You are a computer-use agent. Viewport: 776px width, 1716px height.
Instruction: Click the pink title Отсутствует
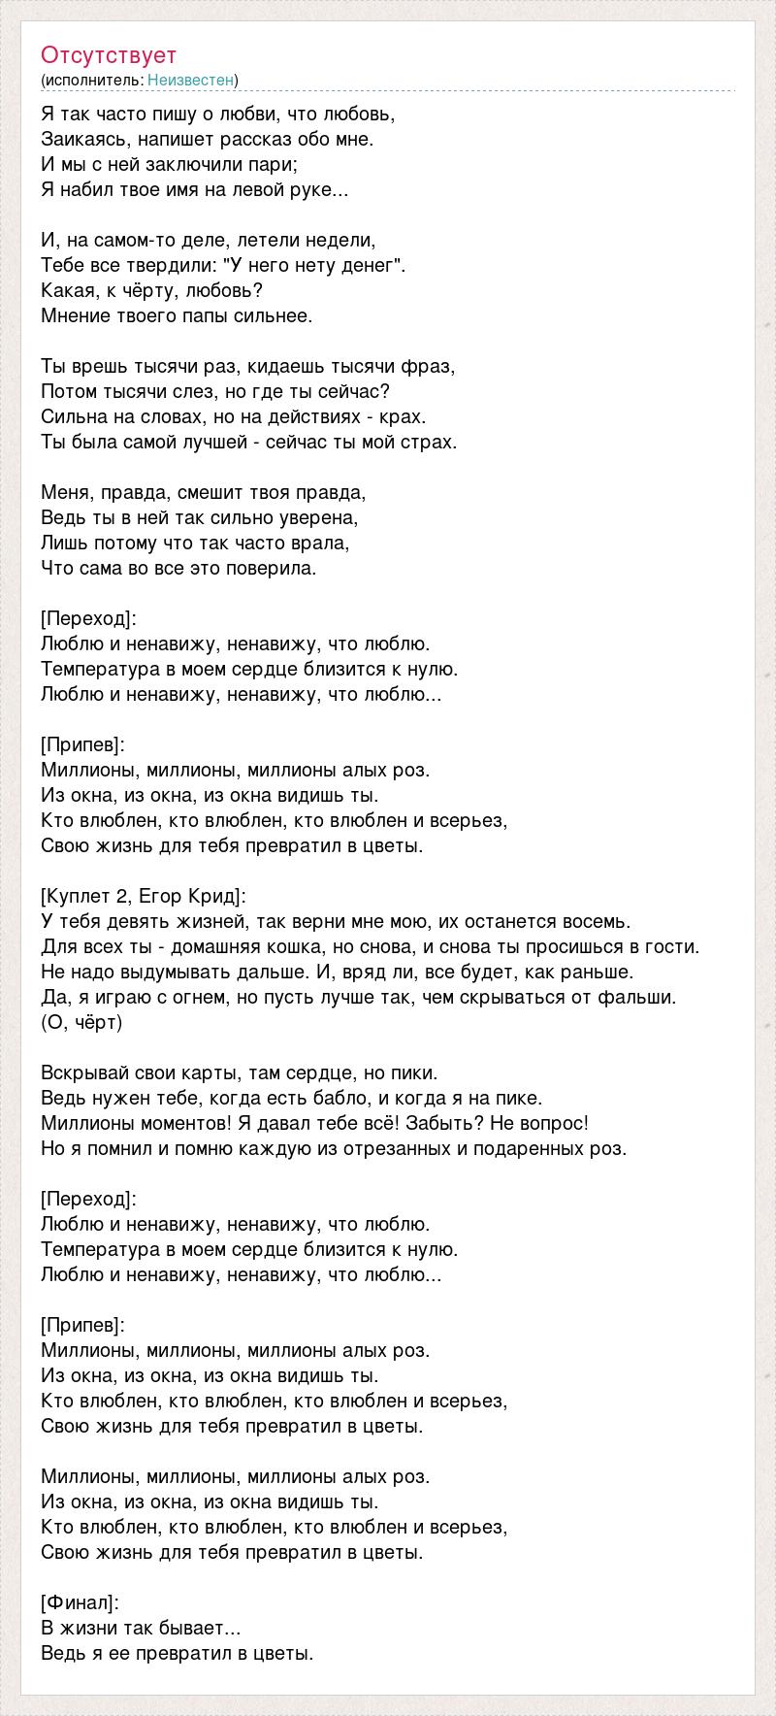point(109,55)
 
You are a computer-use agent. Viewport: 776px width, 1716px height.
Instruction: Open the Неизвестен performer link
point(191,80)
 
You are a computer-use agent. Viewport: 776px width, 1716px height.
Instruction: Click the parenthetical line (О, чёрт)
point(82,1022)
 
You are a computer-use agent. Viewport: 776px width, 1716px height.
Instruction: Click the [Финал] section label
point(80,1602)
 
